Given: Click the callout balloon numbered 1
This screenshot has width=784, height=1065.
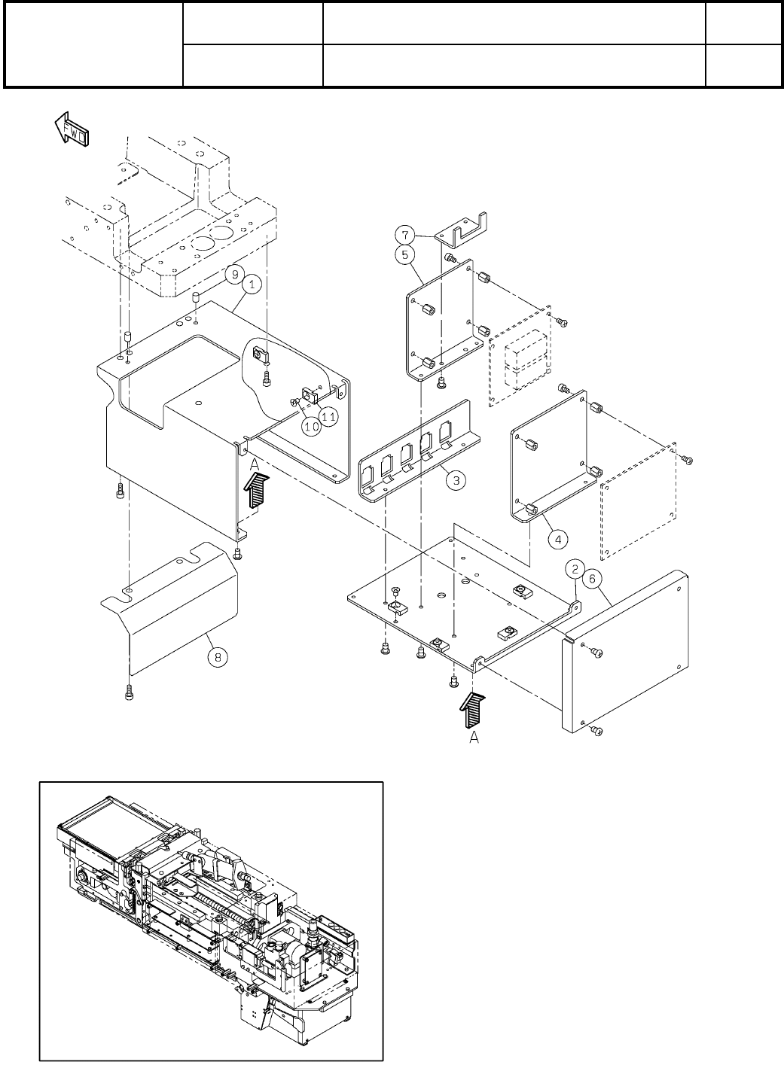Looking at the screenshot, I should (x=252, y=285).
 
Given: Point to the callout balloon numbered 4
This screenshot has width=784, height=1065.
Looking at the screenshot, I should (x=557, y=539).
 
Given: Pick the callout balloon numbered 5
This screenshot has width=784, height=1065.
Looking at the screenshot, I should (x=404, y=255).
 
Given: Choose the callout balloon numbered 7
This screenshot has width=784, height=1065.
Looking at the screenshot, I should (x=404, y=234).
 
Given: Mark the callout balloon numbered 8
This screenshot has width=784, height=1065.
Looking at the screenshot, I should (x=218, y=657).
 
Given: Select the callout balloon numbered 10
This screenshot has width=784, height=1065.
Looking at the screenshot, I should (x=311, y=426).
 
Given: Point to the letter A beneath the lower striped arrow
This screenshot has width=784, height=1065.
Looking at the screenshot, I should (x=474, y=739).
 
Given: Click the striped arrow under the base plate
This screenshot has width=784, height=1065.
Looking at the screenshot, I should (x=474, y=711).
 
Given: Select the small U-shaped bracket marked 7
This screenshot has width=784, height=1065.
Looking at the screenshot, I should (x=463, y=231).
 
